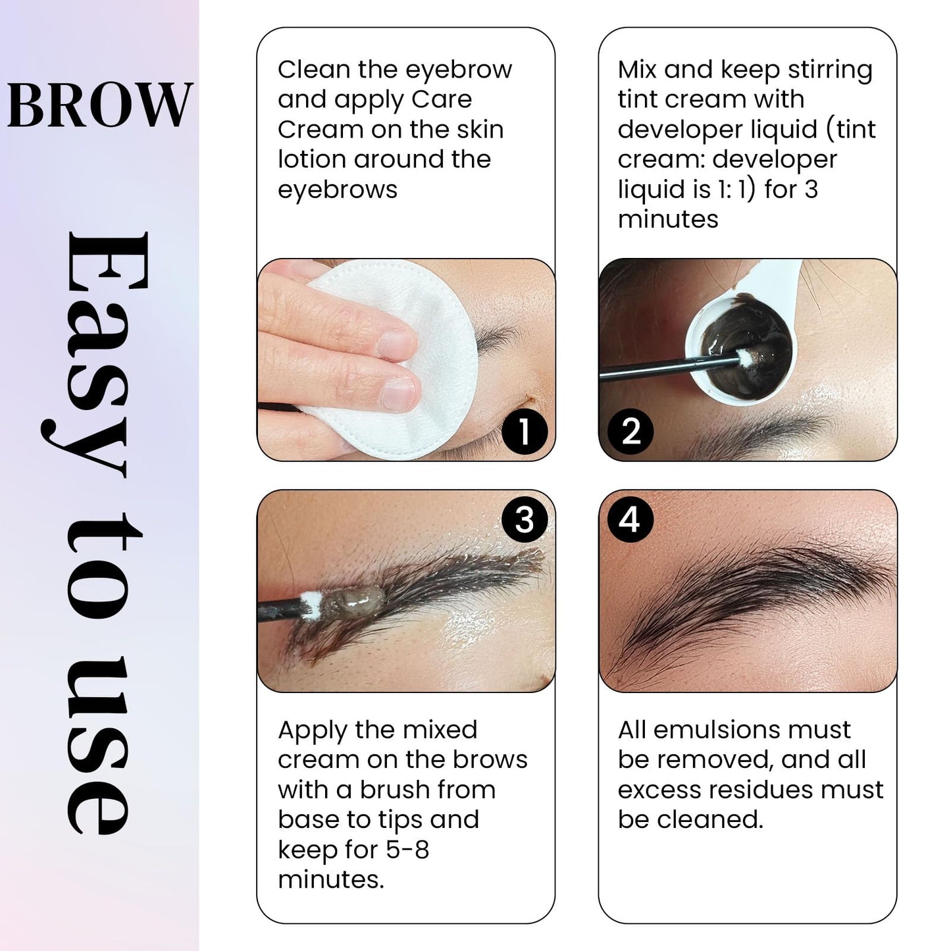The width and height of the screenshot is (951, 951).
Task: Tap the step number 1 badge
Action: [x=524, y=432]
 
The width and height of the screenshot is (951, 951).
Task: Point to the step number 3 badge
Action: [x=524, y=520]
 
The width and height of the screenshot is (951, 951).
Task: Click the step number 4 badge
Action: [x=630, y=519]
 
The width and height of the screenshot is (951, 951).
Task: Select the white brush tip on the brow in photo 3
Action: [x=310, y=602]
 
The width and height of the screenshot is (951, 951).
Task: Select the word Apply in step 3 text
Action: [x=312, y=731]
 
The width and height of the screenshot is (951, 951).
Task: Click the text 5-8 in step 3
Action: [x=407, y=850]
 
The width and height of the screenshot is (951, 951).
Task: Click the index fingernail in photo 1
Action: [x=397, y=343]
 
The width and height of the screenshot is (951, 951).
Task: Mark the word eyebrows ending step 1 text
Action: [x=338, y=190]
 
